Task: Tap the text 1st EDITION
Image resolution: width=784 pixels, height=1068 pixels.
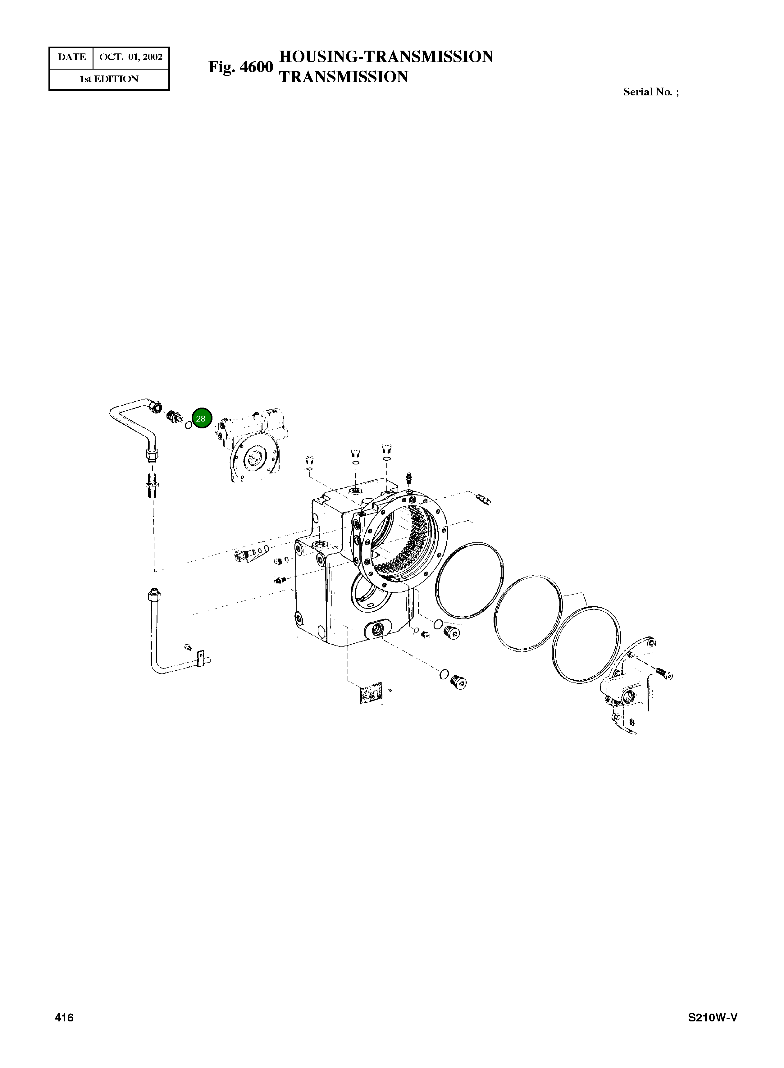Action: pos(109,79)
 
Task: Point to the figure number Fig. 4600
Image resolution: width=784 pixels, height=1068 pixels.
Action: pos(241,67)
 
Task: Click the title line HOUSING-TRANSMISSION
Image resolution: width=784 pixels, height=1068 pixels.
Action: pos(386,57)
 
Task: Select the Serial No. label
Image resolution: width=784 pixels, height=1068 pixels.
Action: pos(651,92)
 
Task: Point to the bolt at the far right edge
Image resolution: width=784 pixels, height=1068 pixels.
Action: pos(664,672)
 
